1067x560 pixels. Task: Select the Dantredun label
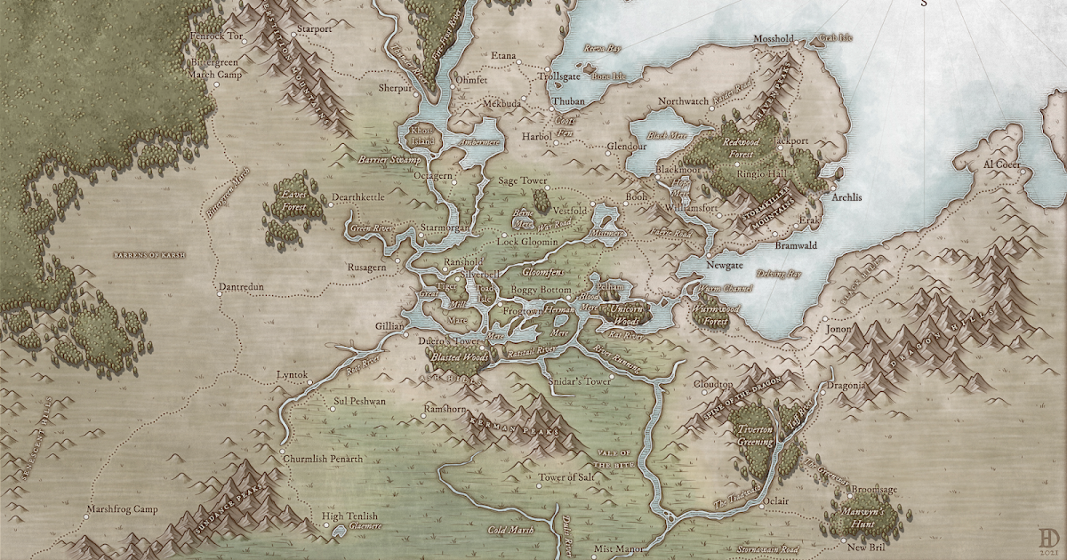click(244, 288)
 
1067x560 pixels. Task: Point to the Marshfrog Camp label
click(122, 510)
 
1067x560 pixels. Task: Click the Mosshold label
click(773, 40)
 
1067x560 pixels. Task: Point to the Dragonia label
click(846, 386)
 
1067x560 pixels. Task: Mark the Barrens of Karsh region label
click(150, 256)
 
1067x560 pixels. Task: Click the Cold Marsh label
click(510, 531)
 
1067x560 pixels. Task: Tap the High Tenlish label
click(349, 516)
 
